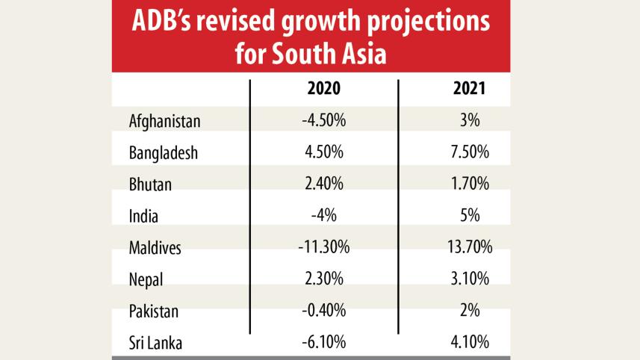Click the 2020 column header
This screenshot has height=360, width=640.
[324, 88]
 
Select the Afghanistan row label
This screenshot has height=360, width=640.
[165, 120]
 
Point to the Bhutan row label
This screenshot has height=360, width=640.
[150, 184]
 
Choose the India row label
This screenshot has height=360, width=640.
[143, 216]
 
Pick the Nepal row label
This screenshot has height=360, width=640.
[146, 280]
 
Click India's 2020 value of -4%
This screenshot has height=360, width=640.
[324, 216]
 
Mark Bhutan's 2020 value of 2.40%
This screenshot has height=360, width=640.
[324, 184]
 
